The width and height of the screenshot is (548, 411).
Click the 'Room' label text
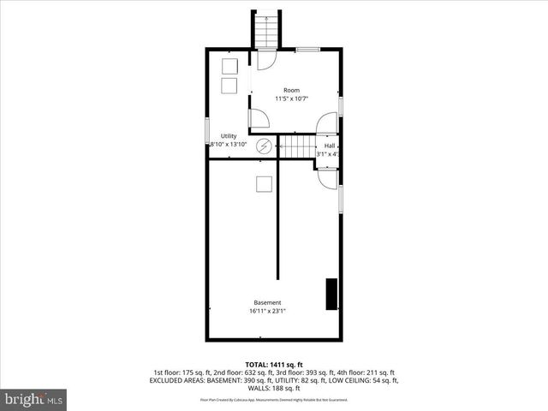pos(292,90)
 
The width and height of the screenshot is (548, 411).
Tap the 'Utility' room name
pos(229,136)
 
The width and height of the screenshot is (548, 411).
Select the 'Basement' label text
pos(267,302)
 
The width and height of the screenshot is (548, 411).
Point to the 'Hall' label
pos(330,146)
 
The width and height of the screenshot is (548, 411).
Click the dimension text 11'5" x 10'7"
pos(292,98)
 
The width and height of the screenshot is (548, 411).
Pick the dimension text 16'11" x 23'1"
pos(267,311)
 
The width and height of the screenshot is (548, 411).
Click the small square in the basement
pos(264,182)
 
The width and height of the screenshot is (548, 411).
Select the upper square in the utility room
pos(229,65)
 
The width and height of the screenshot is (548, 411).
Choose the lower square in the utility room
pos(229,86)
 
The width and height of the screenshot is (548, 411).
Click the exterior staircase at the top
pos(265,30)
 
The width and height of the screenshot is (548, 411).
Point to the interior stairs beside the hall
pos(299,147)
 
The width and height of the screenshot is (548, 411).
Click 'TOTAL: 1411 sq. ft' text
pos(273,365)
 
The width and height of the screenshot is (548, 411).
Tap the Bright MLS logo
pos(34,399)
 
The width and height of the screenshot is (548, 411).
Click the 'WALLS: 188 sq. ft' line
pos(273,389)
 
